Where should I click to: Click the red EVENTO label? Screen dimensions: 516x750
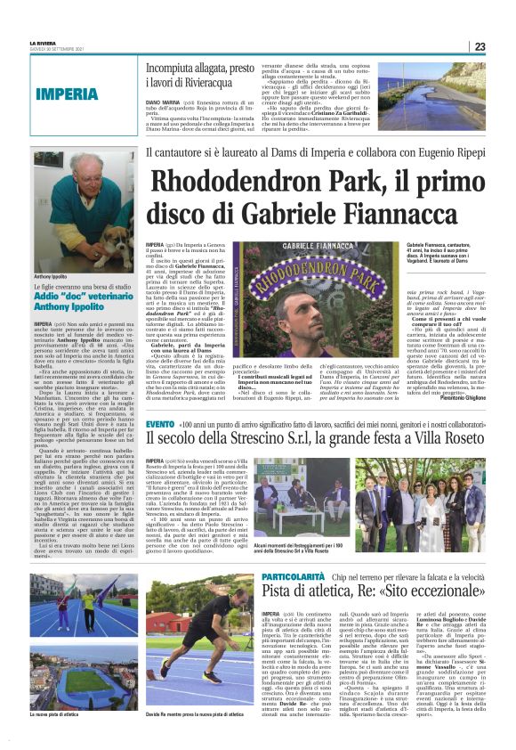161,449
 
